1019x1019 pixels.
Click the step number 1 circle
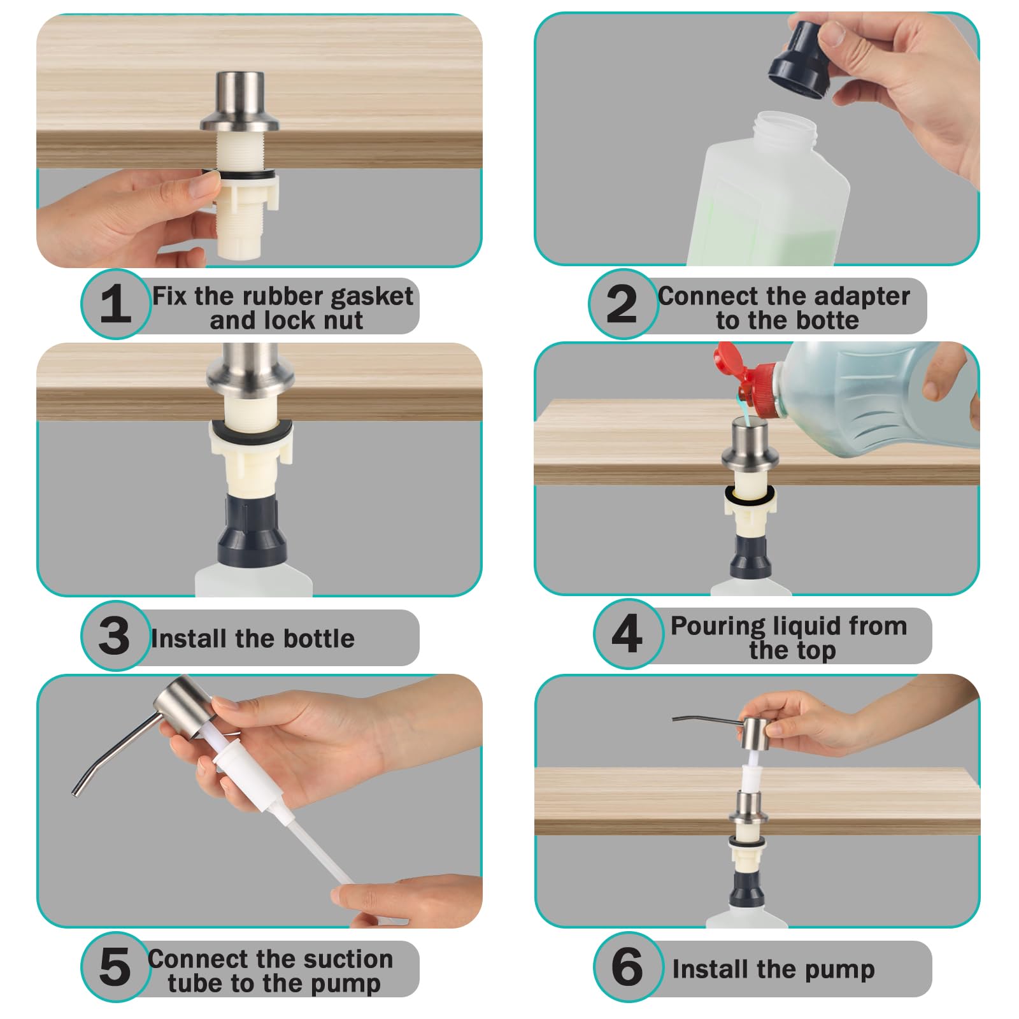pyautogui.click(x=115, y=304)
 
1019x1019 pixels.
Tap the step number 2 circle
pyautogui.click(x=623, y=304)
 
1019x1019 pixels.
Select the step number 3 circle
pyautogui.click(x=115, y=635)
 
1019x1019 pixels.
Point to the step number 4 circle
pyautogui.click(x=628, y=634)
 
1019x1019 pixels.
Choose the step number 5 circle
pyautogui.click(x=115, y=967)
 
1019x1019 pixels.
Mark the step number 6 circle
pyautogui.click(x=628, y=967)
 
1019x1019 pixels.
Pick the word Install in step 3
pyautogui.click(x=180, y=638)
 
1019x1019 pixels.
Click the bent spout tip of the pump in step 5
pyautogui.click(x=78, y=792)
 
